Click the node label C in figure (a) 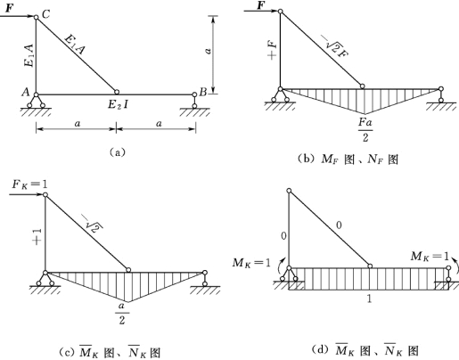click(45, 13)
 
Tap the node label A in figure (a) click(26, 93)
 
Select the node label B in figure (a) click(203, 92)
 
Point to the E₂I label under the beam click(118, 104)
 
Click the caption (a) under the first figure click(118, 152)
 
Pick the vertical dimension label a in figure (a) click(209, 51)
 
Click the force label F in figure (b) click(260, 5)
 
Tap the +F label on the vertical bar click(273, 51)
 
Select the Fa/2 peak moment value click(365, 129)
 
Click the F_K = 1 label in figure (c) click(29, 184)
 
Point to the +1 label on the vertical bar click(37, 237)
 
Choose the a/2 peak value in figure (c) click(122, 313)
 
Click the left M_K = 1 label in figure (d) click(252, 263)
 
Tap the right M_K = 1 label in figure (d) click(430, 256)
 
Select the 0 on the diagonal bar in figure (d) click(339, 225)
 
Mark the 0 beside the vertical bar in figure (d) click(283, 236)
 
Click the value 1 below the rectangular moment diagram click(369, 299)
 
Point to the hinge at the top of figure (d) click(289, 191)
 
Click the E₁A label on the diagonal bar click(75, 45)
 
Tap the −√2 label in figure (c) click(94, 225)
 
